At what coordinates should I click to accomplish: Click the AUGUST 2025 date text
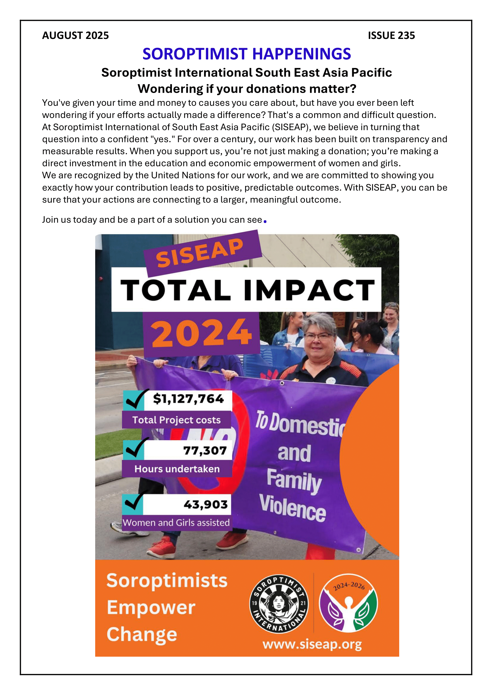coord(75,35)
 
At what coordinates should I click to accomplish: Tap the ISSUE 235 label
coord(391,35)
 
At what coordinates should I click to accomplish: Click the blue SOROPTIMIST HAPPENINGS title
coord(247,54)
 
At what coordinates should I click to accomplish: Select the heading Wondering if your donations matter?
coord(247,89)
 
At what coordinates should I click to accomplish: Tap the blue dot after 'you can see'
coord(265,222)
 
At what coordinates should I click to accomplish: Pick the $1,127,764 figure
coord(188,399)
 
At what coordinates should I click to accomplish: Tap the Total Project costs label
coord(176,420)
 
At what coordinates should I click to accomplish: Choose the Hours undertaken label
coord(177,469)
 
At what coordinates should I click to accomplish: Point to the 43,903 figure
coord(206,504)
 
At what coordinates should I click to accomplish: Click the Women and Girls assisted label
coord(176,522)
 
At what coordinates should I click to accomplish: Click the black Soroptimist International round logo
coord(278,603)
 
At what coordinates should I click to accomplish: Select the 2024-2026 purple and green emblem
coord(348,603)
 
